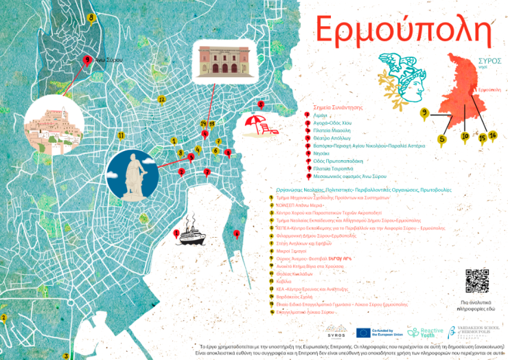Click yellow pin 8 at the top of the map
[x=92, y=19]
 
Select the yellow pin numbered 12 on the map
[x=161, y=100]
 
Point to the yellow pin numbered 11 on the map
[x=121, y=136]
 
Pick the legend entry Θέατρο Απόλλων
[x=331, y=137]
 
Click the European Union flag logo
[x=363, y=333]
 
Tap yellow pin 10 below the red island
[x=465, y=136]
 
